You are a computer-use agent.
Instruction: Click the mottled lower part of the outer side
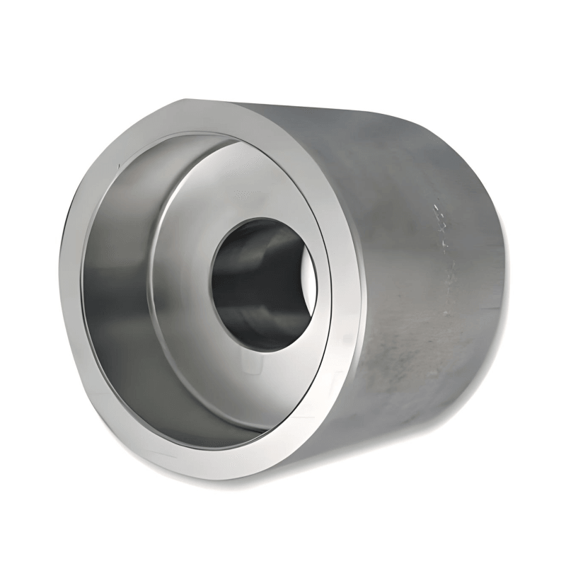point(410,368)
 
